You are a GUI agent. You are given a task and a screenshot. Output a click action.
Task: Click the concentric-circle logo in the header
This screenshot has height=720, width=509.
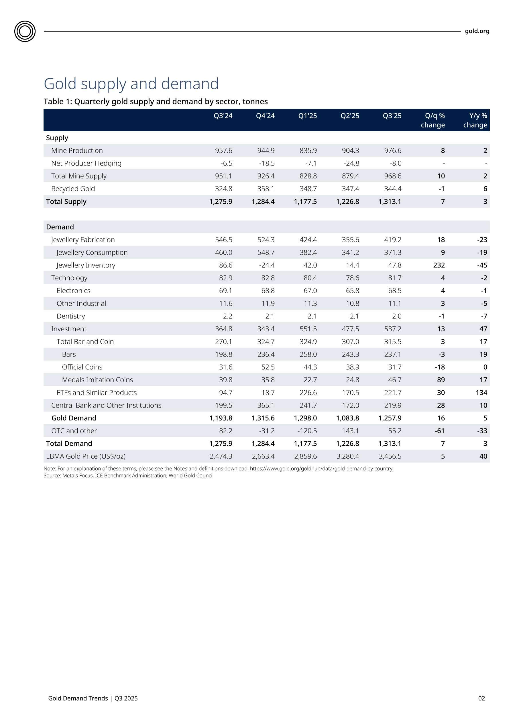point(25,31)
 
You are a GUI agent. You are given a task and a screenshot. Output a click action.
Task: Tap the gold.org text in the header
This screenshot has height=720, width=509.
point(477,31)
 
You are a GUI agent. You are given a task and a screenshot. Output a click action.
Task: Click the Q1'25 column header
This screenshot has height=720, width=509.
point(307,116)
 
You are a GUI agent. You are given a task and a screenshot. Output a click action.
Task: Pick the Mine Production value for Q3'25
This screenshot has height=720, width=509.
point(393,151)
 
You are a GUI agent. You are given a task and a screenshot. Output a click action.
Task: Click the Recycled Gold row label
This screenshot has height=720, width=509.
point(73,189)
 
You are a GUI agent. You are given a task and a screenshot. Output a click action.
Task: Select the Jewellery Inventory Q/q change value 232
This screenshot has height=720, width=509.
point(439,265)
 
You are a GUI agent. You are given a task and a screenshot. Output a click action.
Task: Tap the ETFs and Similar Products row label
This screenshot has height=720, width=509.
point(97,393)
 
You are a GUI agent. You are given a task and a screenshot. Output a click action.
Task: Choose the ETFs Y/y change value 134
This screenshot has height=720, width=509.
point(481,393)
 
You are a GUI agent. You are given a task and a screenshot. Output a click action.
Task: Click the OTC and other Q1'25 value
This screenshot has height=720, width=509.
point(307,431)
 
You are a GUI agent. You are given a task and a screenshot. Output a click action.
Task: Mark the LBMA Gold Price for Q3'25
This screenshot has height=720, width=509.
point(390,456)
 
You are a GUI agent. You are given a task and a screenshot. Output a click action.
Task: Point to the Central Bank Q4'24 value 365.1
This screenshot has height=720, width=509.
point(266,406)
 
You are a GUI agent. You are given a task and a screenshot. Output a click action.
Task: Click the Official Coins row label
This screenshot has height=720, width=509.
point(82,367)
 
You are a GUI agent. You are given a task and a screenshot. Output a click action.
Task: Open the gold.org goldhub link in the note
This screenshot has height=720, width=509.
point(321,469)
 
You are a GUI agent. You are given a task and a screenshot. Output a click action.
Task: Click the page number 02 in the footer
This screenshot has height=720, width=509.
point(482,698)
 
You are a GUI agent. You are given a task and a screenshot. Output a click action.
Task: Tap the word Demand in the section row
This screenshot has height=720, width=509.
point(60,227)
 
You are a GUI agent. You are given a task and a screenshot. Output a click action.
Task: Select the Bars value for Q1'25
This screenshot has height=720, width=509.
point(308,354)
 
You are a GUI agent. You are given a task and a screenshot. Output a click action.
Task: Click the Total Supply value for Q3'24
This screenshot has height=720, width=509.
point(221,202)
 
